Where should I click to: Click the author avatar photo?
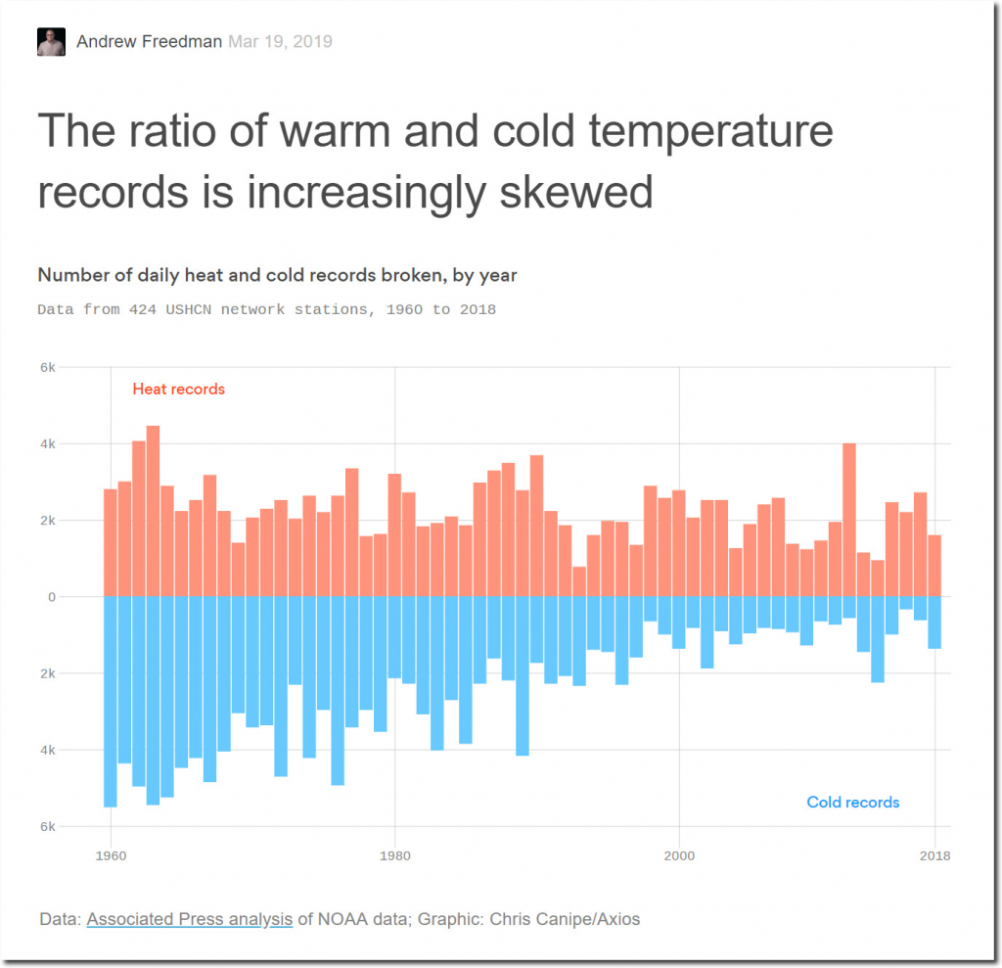51,42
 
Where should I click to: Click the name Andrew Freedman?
149,42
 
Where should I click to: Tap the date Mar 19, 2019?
280,42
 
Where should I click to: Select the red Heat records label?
178,390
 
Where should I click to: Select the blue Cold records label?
852,803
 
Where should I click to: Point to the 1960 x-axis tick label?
111,855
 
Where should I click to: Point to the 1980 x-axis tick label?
394,855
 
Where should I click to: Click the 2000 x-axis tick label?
678,855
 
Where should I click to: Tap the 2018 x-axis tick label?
934,855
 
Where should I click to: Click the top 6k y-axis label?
48,368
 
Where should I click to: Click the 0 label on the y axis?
52,597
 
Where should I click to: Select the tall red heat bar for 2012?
849,520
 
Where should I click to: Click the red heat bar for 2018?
934,566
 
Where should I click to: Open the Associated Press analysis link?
190,919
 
